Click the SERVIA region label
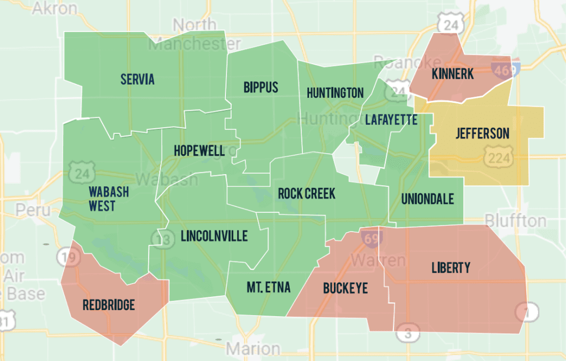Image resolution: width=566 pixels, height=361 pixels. click(x=138, y=79)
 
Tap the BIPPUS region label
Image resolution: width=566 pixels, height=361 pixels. click(x=260, y=87)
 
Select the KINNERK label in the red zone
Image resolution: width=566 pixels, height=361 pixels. click(x=453, y=74)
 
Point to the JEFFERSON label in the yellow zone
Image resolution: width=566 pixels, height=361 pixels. click(x=482, y=133)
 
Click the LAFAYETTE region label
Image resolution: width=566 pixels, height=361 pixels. click(x=391, y=119)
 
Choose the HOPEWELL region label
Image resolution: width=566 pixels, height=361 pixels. click(x=199, y=151)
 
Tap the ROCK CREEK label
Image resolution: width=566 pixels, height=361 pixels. click(x=306, y=194)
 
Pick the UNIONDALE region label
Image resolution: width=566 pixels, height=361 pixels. click(x=427, y=198)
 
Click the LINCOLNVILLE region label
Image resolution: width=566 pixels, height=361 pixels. click(x=214, y=237)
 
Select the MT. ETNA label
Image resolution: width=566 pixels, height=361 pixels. click(x=268, y=287)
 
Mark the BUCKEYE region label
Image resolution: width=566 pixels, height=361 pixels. click(x=345, y=288)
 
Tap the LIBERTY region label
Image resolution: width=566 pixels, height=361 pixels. click(x=450, y=268)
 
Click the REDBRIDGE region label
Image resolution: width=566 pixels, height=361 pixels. click(x=108, y=305)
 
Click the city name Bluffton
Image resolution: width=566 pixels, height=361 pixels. click(x=516, y=221)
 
